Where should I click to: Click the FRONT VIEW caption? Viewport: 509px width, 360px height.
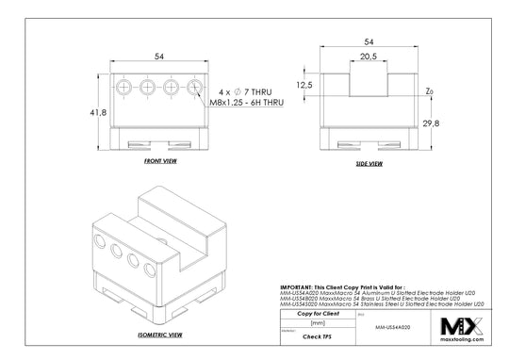point(162,161)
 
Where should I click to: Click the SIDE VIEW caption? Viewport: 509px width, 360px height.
point(369,164)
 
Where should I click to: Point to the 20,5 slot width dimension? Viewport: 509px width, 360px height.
point(369,57)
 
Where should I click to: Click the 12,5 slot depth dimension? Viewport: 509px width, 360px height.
point(303,85)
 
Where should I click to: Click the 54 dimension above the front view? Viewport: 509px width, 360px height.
point(159,57)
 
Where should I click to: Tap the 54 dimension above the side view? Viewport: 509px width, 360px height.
point(369,42)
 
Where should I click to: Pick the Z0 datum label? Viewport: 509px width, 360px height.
point(430,90)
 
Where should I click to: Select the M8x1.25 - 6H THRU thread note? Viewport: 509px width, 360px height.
point(246,104)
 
